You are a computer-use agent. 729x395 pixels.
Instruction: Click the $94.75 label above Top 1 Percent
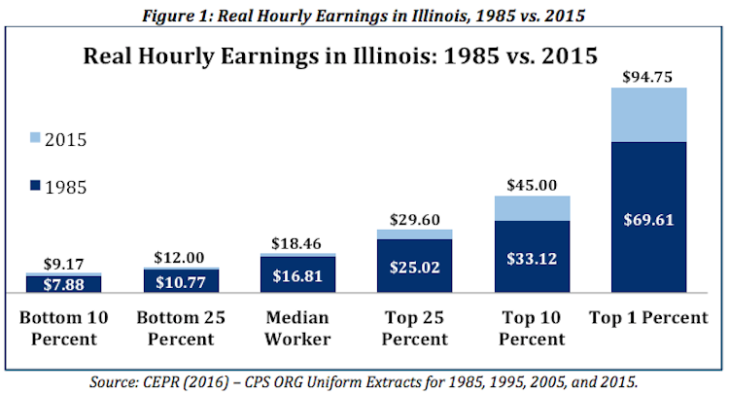tap(648, 76)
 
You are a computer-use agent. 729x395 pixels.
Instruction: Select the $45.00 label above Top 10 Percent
tap(532, 184)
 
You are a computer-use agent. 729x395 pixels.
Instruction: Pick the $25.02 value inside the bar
tap(415, 266)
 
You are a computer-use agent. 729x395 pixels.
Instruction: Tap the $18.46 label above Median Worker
tap(297, 243)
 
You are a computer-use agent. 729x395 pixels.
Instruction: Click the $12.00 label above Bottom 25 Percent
tap(181, 258)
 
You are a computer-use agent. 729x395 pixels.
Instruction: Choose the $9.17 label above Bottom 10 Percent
tap(64, 263)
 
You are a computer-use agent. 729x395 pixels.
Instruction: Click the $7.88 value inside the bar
tap(64, 284)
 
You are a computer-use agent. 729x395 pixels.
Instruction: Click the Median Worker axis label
tap(297, 328)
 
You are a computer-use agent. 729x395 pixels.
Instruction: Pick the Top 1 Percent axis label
tap(648, 318)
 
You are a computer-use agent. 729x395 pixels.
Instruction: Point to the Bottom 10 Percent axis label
tap(64, 328)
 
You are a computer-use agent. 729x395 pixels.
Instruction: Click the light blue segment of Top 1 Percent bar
tap(648, 115)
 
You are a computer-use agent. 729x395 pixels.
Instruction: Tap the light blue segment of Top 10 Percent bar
tap(532, 207)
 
